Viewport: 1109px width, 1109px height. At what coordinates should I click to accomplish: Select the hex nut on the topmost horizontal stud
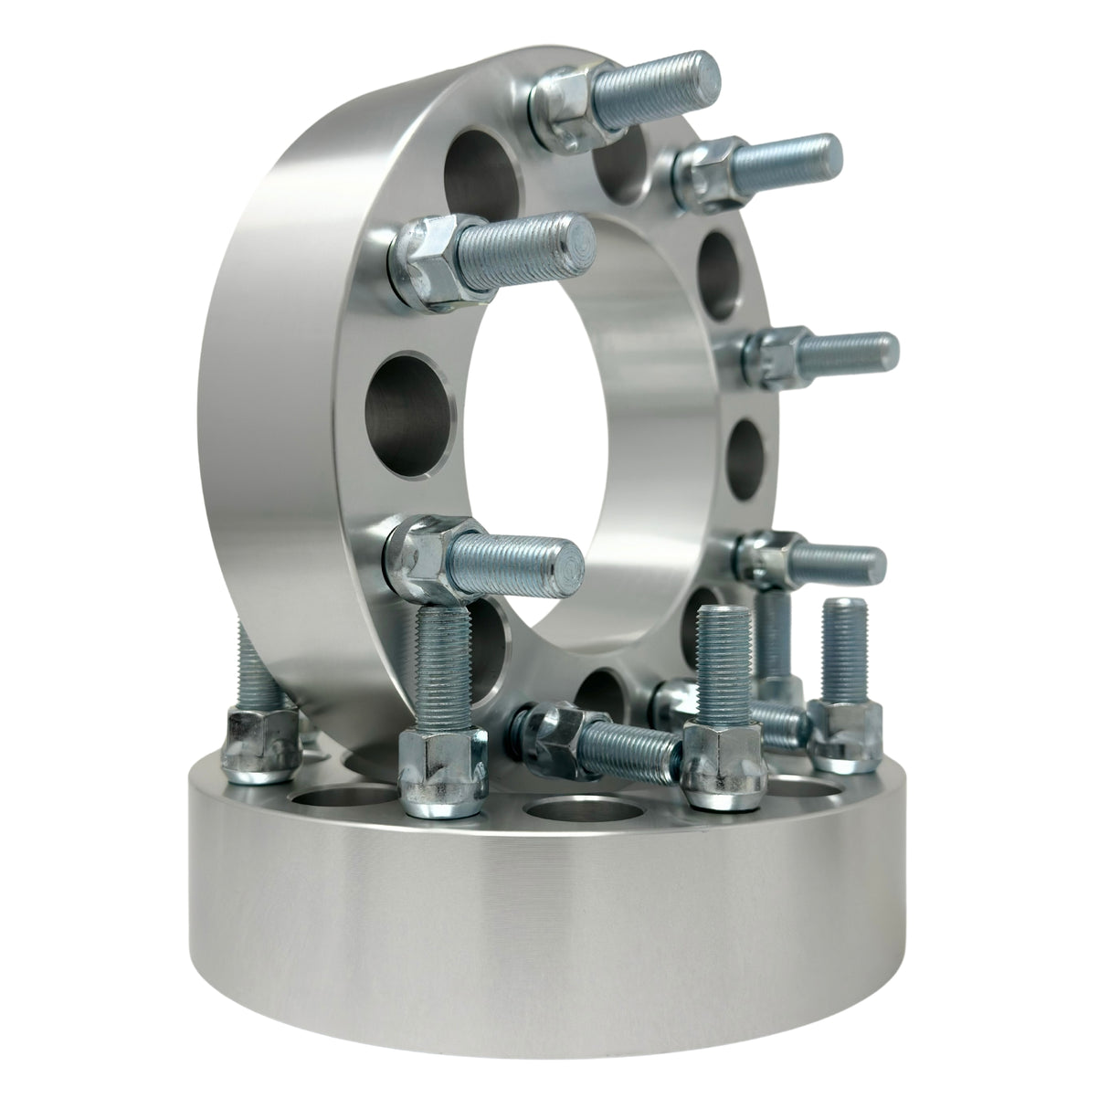564,109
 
